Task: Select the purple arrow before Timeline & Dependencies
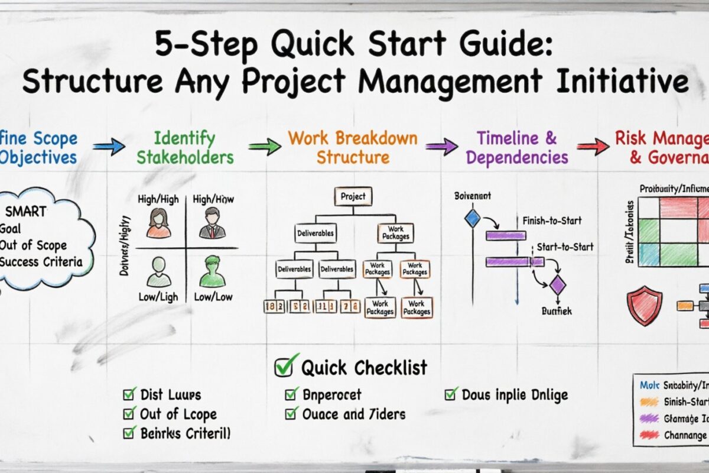pos(441,146)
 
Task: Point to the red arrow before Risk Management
pos(593,145)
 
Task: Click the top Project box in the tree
pos(353,196)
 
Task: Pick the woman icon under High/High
pos(158,222)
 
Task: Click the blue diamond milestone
pos(473,218)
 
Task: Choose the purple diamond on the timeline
pos(557,286)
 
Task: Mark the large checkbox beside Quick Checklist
pos(284,367)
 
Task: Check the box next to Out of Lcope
pos(129,414)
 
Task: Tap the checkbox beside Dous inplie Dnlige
pos(451,394)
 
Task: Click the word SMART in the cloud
pos(26,211)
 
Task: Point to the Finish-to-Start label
pos(552,221)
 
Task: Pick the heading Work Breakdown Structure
pos(353,148)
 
